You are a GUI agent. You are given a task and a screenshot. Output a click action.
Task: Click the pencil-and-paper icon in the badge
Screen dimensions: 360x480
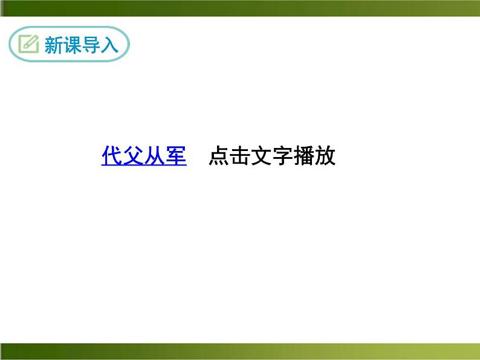(28, 44)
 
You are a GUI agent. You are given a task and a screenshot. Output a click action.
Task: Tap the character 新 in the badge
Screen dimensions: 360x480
(54, 45)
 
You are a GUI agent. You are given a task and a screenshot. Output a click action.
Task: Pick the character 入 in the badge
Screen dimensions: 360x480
(109, 45)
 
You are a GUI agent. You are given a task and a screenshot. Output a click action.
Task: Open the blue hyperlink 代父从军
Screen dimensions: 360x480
(144, 156)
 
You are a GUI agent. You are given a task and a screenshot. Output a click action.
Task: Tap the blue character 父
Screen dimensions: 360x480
(133, 156)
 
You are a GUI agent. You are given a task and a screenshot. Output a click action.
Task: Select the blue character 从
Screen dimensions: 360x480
(155, 156)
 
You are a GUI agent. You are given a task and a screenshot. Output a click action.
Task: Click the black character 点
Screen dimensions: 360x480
(219, 156)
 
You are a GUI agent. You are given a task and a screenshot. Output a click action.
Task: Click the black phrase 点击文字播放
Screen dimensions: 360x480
(271, 156)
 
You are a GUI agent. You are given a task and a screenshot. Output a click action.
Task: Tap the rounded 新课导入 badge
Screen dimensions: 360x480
(70, 44)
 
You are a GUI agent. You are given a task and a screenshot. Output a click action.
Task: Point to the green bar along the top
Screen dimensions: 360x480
(240, 8)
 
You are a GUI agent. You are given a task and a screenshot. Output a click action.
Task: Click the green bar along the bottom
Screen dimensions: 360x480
(240, 351)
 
